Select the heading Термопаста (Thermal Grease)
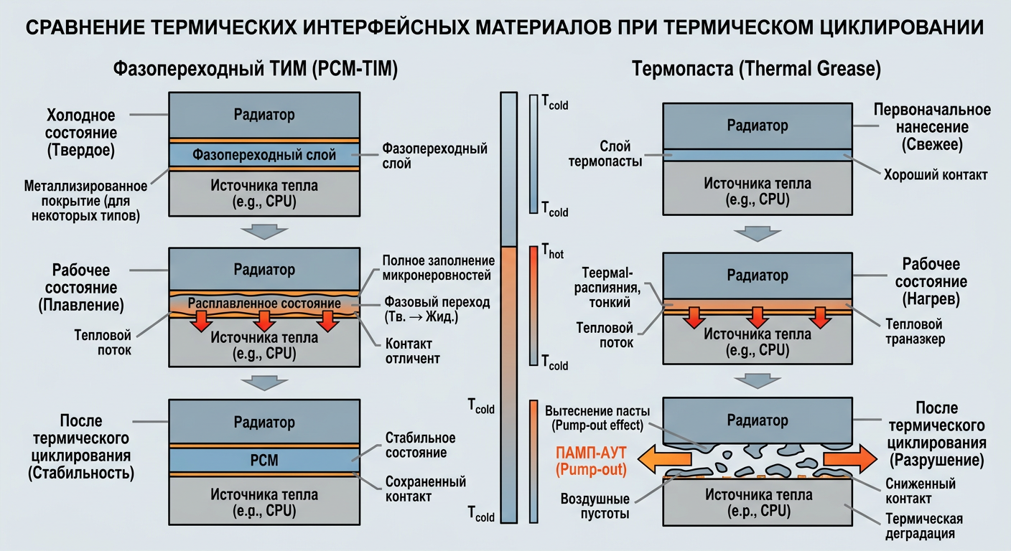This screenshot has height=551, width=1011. click(x=756, y=69)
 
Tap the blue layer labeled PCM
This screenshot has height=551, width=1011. click(x=264, y=460)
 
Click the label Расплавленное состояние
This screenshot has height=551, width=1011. click(x=264, y=304)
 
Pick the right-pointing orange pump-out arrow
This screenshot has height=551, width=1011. click(x=849, y=458)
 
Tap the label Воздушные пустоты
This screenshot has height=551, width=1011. click(x=595, y=507)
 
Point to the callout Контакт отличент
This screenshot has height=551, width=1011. click(x=412, y=350)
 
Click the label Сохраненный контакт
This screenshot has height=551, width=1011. click(x=425, y=489)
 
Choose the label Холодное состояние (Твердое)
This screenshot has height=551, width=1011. click(x=80, y=133)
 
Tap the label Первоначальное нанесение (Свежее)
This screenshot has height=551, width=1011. click(x=931, y=127)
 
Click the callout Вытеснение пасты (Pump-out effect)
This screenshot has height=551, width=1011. click(x=597, y=418)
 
